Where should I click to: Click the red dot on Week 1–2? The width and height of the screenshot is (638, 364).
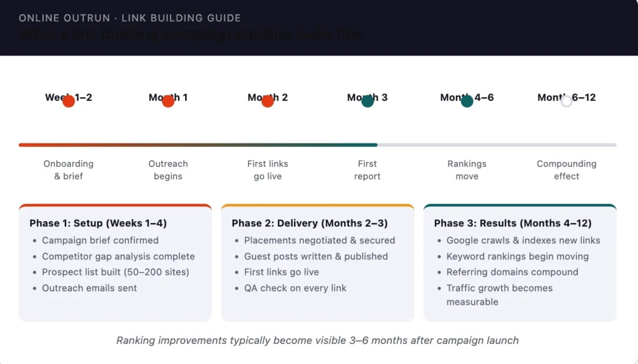(x=69, y=101)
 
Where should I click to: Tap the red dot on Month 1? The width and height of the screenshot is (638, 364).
(x=168, y=101)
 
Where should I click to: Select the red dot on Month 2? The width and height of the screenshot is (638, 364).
(x=268, y=101)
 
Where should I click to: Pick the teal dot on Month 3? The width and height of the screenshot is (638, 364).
(x=368, y=101)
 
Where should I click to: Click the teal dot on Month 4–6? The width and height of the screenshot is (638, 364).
(x=467, y=101)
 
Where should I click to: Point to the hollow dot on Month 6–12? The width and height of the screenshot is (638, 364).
(x=566, y=101)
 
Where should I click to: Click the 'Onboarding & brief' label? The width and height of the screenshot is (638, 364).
(x=69, y=170)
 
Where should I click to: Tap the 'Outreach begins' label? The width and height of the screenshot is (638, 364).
(x=168, y=170)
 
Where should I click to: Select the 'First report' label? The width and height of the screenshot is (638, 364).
(x=368, y=170)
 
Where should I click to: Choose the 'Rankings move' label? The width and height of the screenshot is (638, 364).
(x=467, y=170)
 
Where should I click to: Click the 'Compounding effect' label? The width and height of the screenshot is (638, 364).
(x=566, y=170)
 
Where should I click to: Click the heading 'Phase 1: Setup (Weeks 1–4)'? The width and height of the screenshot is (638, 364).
(x=98, y=223)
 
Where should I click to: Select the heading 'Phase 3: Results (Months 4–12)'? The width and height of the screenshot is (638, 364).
(x=513, y=223)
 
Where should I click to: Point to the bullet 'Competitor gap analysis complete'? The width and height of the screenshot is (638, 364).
(x=118, y=256)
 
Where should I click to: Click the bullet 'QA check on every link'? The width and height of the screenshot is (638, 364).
(x=295, y=288)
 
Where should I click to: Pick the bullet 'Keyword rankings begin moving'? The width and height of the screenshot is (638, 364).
(x=518, y=256)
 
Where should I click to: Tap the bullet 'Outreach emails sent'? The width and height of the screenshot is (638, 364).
(x=90, y=288)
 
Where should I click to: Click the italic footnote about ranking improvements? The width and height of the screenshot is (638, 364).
(x=318, y=340)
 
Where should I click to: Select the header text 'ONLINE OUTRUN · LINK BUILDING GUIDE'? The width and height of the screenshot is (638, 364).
(x=130, y=18)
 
